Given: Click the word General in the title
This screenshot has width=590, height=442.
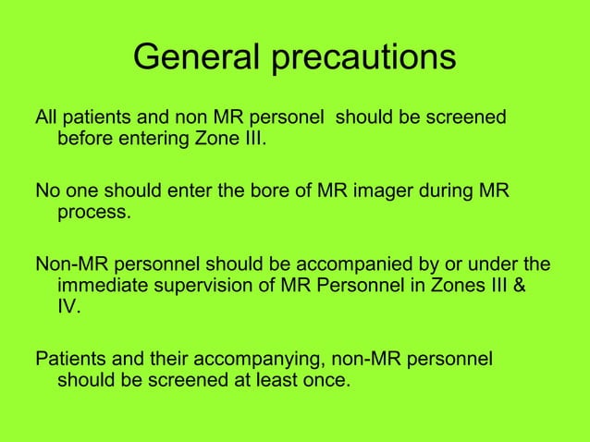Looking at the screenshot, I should pyautogui.click(x=197, y=57).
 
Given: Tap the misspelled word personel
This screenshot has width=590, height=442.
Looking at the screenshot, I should pyautogui.click(x=289, y=118).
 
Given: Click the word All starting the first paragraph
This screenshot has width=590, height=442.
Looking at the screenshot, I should pyautogui.click(x=45, y=118).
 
